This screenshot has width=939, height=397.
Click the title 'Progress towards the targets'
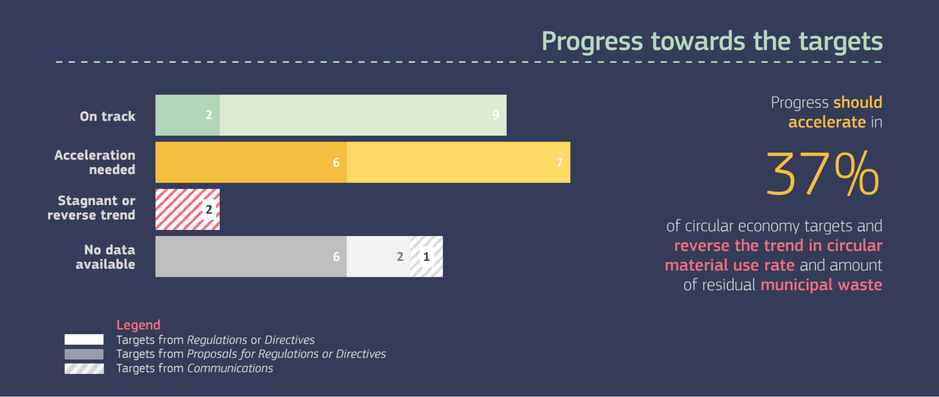pos(712,42)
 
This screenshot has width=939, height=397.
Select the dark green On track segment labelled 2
pos(187,115)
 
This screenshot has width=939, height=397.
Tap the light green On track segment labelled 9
pos(363,115)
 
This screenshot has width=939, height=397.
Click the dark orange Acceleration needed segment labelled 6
pos(251,162)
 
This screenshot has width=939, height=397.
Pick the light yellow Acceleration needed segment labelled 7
pos(458,162)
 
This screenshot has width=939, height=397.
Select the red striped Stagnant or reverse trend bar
pos(187,209)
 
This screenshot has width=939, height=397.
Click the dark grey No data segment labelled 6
pos(251,257)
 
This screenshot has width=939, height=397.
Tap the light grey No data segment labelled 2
pos(379,257)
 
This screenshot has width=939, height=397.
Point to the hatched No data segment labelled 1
pos(427,257)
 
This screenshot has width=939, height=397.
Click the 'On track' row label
pos(108,116)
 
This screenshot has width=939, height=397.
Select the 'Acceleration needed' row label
pos(95,162)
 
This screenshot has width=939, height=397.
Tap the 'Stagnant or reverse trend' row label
pos(92,208)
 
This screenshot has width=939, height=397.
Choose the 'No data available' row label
pos(106,257)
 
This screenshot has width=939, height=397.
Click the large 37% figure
pos(823,174)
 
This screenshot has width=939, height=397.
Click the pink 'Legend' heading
pos(139,325)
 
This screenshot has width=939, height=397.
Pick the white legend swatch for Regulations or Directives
pos(84,339)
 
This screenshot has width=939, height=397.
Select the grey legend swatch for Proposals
pos(84,354)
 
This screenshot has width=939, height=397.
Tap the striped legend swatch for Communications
pos(84,368)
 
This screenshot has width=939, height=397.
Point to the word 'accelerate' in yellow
pos(827,122)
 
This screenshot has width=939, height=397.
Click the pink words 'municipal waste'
pos(822,285)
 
